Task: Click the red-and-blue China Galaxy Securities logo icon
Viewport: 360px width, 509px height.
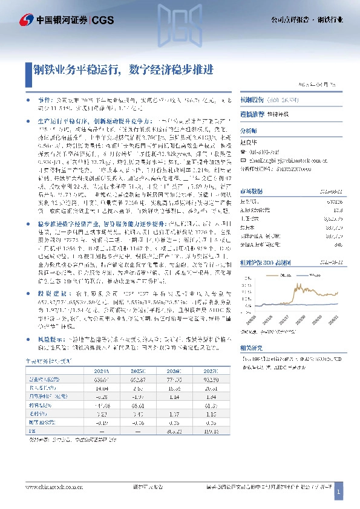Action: click(11, 20)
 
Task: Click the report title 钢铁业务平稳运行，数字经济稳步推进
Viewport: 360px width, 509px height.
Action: click(124, 70)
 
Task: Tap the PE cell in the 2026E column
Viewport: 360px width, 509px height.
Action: click(174, 431)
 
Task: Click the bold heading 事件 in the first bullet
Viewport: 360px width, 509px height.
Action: click(44, 97)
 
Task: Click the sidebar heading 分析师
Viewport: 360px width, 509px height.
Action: click(249, 130)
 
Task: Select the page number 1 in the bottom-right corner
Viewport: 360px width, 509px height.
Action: click(338, 494)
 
